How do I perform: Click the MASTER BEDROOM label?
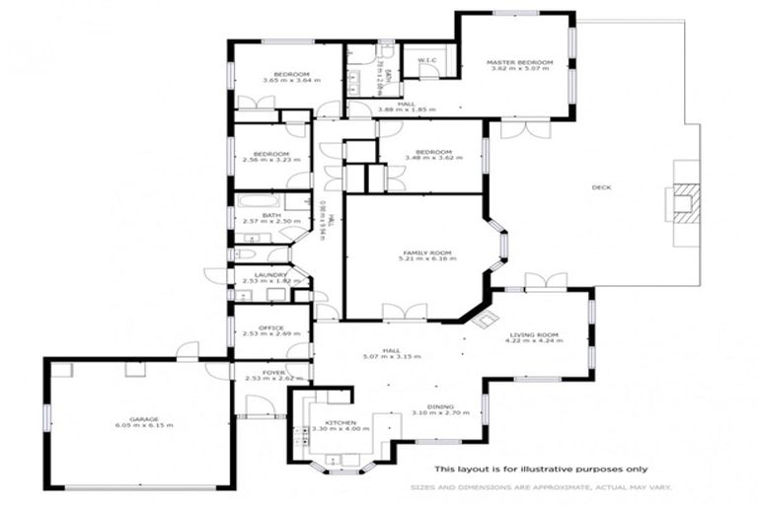[519, 62]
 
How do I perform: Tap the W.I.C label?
[427, 61]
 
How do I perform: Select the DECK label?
[601, 186]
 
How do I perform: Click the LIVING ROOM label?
[534, 335]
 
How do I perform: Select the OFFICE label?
[270, 327]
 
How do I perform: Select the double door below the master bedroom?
[523, 129]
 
